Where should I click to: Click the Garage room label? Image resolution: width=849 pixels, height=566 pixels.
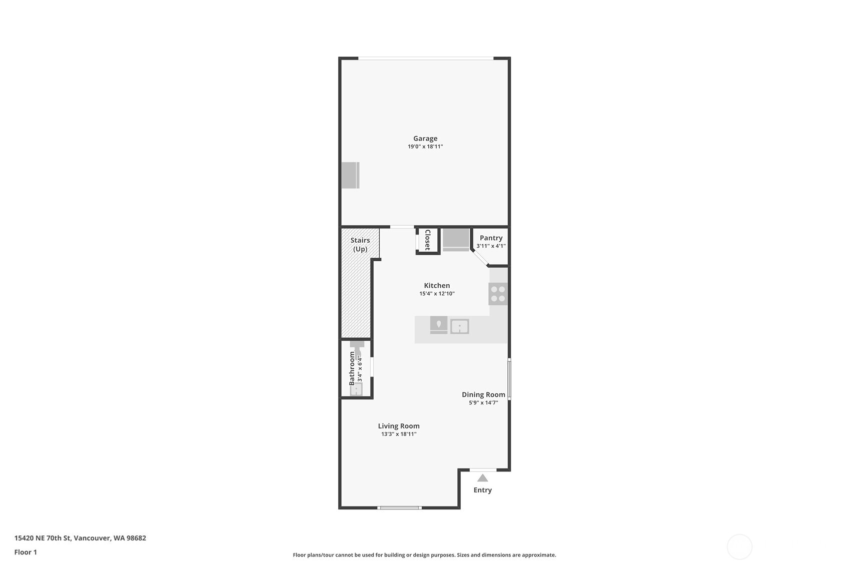point(425,139)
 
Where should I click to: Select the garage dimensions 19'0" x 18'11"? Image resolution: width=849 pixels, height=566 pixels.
point(425,147)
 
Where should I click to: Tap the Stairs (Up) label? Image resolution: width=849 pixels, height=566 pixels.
point(360,245)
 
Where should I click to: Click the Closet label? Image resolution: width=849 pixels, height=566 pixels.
point(427,240)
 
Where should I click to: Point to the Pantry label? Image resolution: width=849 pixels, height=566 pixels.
point(491,238)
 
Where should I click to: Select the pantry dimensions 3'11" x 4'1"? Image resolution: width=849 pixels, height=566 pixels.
point(491,246)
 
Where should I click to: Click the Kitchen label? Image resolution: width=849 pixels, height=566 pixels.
point(437,286)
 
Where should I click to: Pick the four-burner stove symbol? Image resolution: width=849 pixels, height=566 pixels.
point(498,294)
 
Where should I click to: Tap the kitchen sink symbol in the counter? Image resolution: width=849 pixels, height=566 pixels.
point(459,327)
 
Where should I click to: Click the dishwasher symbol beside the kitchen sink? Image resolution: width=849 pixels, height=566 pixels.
point(439,325)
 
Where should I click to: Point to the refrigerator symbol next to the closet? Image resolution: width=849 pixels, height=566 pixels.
point(456,239)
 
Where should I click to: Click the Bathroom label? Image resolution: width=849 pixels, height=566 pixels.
point(352,369)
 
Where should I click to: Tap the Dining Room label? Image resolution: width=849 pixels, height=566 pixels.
point(483,395)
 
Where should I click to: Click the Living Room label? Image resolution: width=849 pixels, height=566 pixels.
point(399,426)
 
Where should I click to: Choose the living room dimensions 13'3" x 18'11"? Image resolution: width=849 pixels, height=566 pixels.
point(399,434)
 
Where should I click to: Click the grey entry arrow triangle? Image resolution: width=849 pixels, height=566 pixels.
point(482,478)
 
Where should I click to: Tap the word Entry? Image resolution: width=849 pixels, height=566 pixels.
point(482,490)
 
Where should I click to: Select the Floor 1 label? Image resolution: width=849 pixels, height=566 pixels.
point(26,552)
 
